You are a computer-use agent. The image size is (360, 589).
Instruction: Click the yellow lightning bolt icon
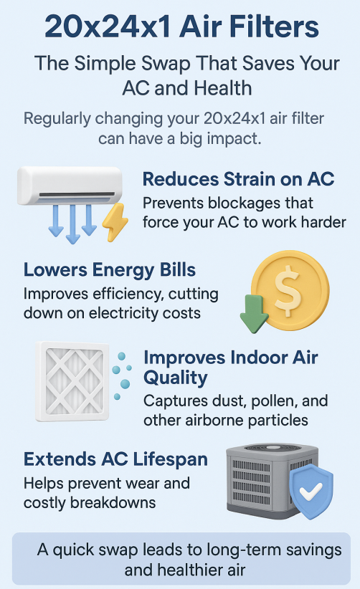click(x=115, y=221)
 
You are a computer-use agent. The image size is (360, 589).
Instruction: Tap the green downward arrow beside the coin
click(x=254, y=313)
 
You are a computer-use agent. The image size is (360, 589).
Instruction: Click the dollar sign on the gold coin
click(x=288, y=290)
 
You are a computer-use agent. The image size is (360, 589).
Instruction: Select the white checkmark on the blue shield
click(x=311, y=490)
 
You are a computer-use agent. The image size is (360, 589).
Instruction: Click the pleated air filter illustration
click(x=72, y=381)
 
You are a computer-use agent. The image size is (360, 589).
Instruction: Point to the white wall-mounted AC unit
click(x=70, y=185)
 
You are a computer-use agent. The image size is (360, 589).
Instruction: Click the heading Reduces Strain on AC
click(x=238, y=179)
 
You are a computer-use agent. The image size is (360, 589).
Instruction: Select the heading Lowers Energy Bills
click(x=110, y=269)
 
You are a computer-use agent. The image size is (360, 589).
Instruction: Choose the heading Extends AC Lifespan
click(x=115, y=459)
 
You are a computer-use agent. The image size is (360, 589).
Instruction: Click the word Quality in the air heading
click(x=176, y=378)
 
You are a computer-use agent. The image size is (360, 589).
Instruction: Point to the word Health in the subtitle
click(x=223, y=88)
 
